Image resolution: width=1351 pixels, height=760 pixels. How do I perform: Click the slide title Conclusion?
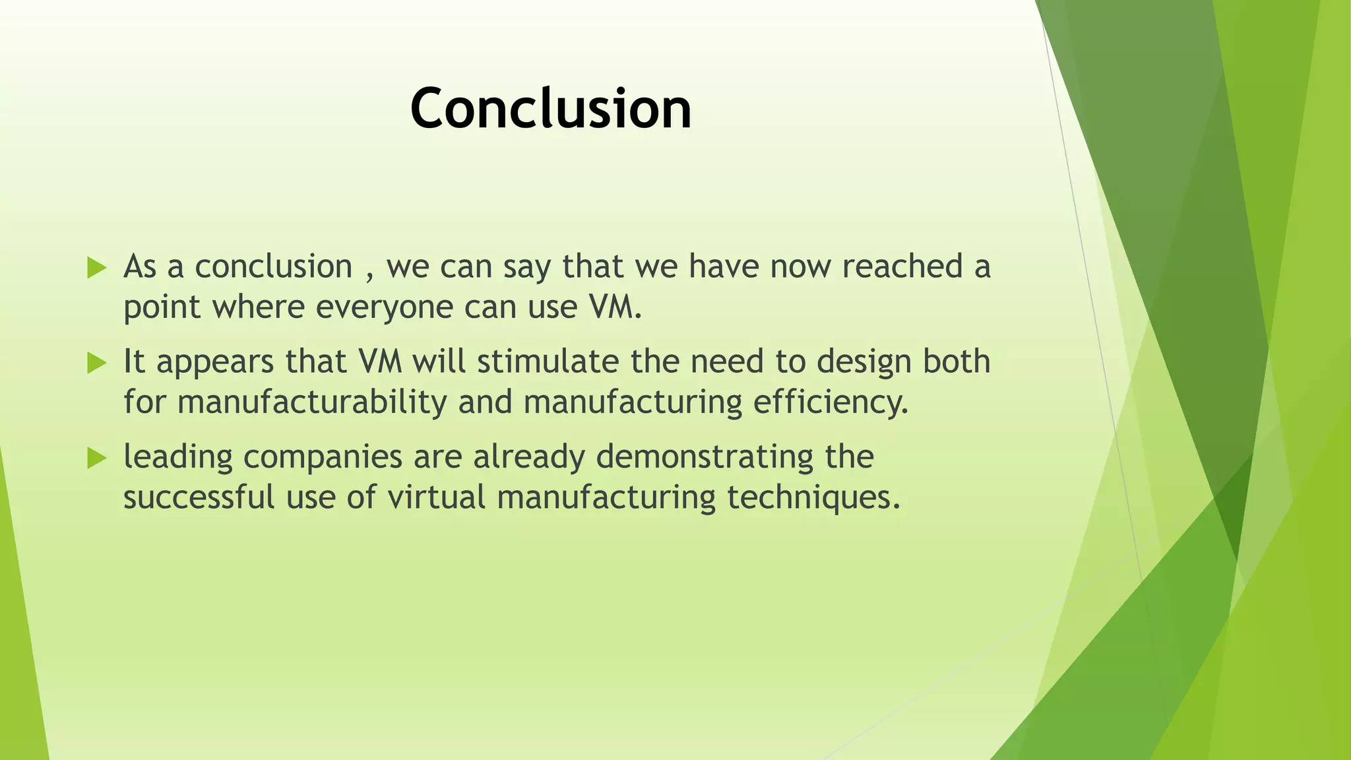point(551,109)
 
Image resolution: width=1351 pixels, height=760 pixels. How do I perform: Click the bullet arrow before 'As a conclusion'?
point(96,268)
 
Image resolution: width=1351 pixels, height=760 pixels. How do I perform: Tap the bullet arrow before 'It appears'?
point(96,363)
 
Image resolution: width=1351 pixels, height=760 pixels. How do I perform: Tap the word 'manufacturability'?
point(312,402)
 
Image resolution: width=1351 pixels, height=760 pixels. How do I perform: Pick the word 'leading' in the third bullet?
point(178,457)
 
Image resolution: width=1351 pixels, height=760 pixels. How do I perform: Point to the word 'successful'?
point(199,497)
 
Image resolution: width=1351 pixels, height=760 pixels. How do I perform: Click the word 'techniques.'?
point(813,497)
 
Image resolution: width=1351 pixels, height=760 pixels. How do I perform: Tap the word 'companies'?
point(323,457)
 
